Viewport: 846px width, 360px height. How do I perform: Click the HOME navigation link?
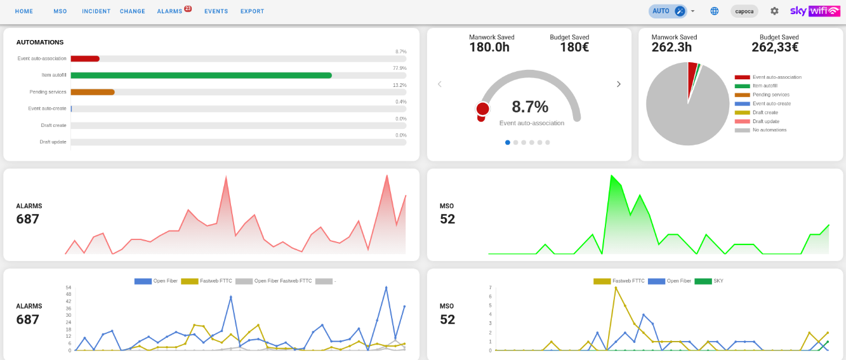click(x=23, y=11)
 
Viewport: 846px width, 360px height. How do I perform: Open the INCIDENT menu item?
click(x=96, y=11)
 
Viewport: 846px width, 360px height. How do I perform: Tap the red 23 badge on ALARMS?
click(x=188, y=8)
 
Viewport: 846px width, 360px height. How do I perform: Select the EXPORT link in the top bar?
click(x=253, y=11)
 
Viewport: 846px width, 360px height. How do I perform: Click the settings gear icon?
click(x=774, y=11)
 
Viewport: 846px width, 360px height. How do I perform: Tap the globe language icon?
click(x=714, y=11)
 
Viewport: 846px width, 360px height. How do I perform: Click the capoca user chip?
click(x=744, y=11)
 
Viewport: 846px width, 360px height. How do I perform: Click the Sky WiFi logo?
click(x=815, y=11)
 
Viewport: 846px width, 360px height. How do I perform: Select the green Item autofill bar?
click(x=201, y=76)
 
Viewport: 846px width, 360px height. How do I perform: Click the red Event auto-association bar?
click(x=85, y=58)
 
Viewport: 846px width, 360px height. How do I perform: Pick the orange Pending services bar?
click(x=93, y=92)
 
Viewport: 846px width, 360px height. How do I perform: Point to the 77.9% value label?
click(x=400, y=69)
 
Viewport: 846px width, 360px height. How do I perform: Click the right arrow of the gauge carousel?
click(x=619, y=84)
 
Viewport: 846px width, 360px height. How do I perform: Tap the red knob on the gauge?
click(x=482, y=109)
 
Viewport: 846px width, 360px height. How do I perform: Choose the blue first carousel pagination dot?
click(x=508, y=142)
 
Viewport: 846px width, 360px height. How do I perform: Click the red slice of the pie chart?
click(x=692, y=76)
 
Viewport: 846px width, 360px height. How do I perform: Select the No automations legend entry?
click(x=761, y=130)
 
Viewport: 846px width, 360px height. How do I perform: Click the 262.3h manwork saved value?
click(x=671, y=47)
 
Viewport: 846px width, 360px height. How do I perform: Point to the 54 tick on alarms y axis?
click(x=69, y=288)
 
